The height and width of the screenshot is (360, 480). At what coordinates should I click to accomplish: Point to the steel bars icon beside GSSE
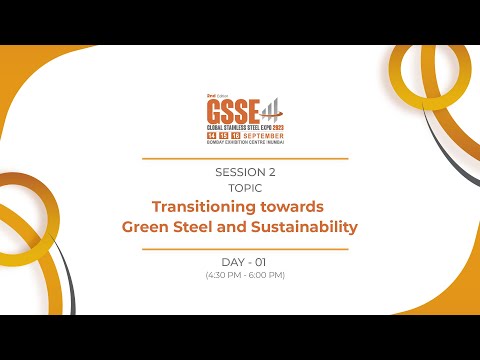click(269, 107)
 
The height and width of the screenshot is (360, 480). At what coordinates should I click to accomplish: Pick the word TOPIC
click(245, 187)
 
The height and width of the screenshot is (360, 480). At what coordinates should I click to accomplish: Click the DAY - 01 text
click(245, 262)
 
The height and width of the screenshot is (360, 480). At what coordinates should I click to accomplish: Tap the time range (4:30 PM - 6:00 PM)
click(245, 275)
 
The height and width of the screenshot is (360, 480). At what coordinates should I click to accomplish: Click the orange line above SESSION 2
click(245, 158)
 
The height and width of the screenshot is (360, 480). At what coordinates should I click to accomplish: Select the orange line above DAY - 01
click(245, 249)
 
